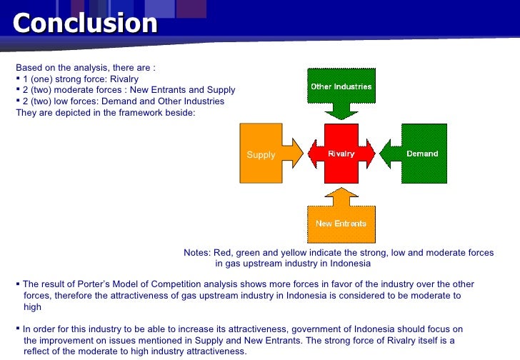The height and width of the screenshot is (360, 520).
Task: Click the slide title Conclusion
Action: coord(84,23)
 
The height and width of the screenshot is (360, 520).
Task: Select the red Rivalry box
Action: coord(341,154)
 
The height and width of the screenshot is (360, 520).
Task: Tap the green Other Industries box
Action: coord(341,86)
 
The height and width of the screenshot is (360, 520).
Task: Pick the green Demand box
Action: coord(422,154)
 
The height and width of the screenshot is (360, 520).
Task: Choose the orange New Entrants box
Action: coord(341,223)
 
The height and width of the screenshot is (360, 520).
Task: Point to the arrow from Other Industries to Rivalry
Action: coord(341,111)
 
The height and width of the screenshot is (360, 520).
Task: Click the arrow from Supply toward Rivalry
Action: coord(294,153)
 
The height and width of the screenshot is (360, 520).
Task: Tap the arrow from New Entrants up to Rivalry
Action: coord(341,196)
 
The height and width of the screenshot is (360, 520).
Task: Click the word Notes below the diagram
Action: coord(196,253)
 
